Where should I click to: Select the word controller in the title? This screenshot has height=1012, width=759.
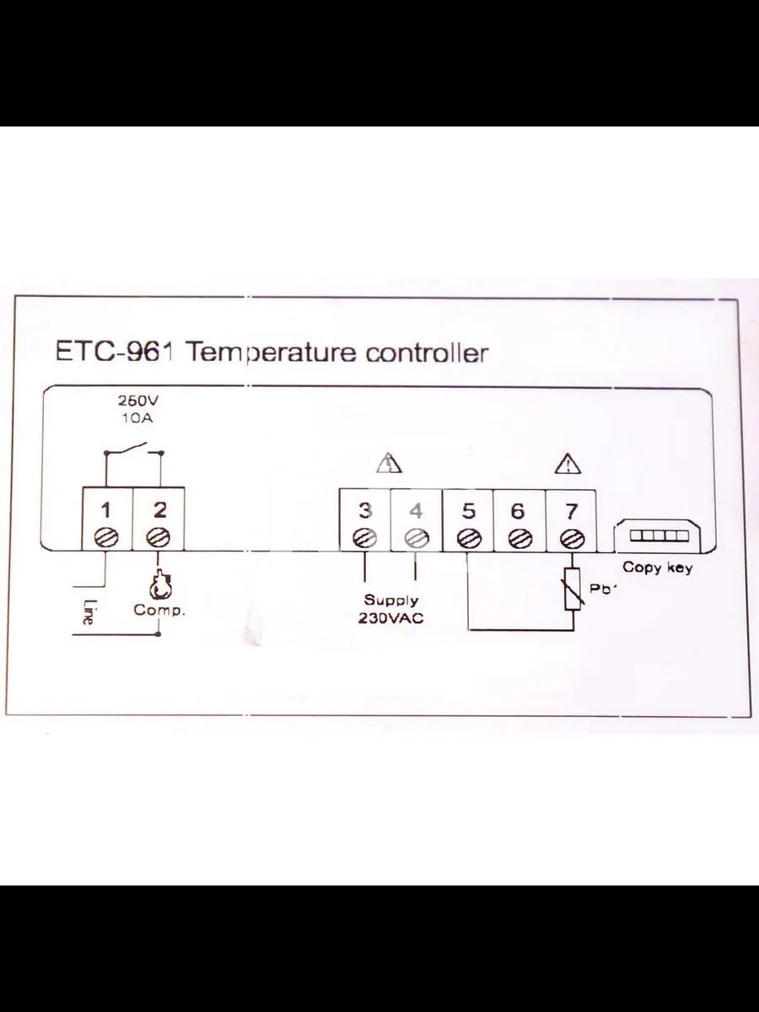point(426,353)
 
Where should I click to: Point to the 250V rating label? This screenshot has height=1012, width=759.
point(137,401)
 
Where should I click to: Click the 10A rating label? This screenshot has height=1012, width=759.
point(137,418)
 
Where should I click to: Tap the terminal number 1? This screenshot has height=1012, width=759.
point(106,511)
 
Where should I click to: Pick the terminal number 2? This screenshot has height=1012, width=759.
point(159,510)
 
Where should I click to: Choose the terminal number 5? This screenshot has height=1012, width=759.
point(468,511)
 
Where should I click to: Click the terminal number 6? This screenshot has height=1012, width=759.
point(518,511)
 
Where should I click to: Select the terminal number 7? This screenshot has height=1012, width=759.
point(572,511)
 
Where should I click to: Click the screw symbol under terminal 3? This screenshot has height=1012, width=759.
point(364,538)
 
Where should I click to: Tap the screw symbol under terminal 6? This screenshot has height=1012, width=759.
point(520,538)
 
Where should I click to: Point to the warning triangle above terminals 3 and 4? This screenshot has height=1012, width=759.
point(389,463)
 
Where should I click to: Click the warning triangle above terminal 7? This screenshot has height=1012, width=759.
point(568,464)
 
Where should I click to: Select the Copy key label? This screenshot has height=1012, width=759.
point(657,568)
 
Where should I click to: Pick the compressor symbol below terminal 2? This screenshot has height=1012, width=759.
point(159,585)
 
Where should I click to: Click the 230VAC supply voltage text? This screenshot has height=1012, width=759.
point(390,618)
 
